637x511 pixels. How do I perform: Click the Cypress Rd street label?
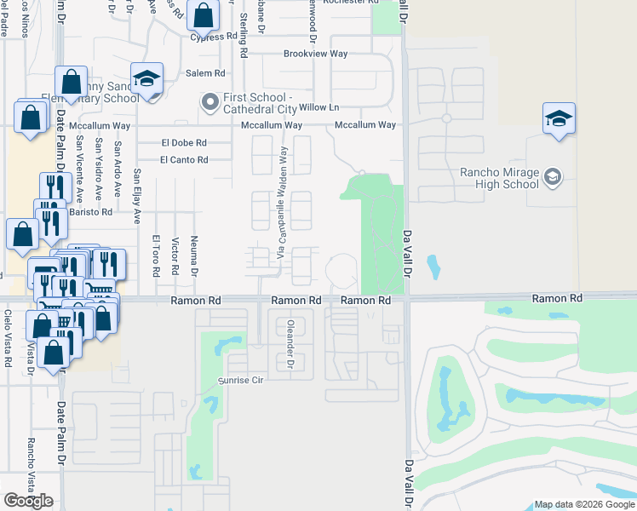tap(214, 37)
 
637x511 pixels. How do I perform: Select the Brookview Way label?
tap(316, 53)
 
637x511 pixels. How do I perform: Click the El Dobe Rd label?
tap(184, 143)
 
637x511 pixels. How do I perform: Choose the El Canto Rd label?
tap(183, 160)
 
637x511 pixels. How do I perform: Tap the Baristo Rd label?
tap(91, 211)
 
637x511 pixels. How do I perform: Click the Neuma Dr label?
tap(195, 256)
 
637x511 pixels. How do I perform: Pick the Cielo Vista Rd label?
tap(8, 338)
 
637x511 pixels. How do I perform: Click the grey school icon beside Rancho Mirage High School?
tap(552, 177)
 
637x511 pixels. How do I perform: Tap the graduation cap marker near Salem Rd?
tap(146, 79)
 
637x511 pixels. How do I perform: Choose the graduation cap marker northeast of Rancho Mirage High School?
tap(559, 118)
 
